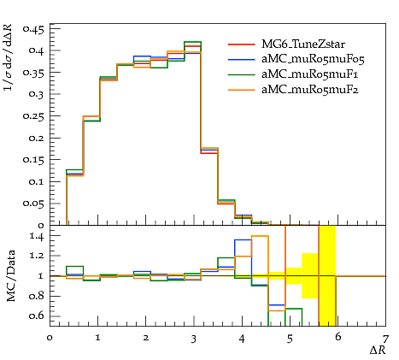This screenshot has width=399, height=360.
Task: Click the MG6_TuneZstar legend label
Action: tap(303, 44)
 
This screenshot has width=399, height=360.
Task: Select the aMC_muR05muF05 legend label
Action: tap(313, 59)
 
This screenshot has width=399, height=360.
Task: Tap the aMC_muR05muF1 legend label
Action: tap(310, 74)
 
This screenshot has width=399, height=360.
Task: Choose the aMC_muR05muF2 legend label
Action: tap(310, 90)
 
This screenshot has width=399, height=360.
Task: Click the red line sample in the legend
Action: tap(242, 44)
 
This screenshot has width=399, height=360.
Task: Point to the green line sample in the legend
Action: tap(242, 74)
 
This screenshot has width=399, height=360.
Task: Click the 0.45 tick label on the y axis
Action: tap(34, 29)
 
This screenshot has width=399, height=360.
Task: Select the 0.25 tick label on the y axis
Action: tap(34, 116)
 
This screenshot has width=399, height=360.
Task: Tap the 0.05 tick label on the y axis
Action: tap(34, 204)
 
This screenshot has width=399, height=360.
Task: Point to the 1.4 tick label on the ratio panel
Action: tap(37, 236)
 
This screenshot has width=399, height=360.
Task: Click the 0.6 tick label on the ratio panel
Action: tap(37, 316)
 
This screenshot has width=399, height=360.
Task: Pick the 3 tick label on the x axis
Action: tap(194, 339)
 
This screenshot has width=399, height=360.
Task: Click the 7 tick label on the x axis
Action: tap(385, 339)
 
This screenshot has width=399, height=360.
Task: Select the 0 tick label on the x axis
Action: tap(50, 338)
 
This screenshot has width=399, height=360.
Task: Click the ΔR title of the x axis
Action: tap(378, 350)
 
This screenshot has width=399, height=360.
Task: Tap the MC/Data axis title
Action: tap(10, 275)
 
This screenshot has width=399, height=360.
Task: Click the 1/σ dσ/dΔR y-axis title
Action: tap(8, 57)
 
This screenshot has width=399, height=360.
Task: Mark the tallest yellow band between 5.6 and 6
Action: tap(327, 275)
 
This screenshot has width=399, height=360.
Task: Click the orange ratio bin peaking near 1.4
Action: tap(260, 236)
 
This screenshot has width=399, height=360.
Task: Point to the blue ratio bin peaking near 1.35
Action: tap(243, 239)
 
